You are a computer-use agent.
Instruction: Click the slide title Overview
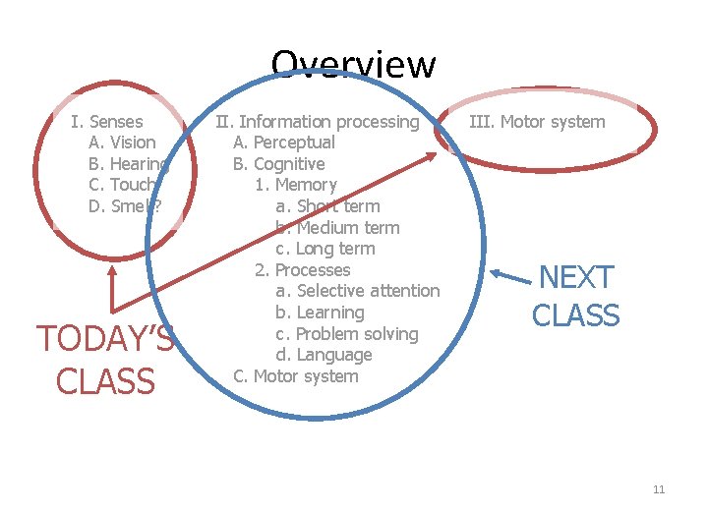[353, 66]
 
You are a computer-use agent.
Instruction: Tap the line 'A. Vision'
[122, 142]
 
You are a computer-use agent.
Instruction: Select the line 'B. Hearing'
[128, 164]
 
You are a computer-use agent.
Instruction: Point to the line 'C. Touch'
[122, 185]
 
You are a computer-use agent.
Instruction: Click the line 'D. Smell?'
[125, 206]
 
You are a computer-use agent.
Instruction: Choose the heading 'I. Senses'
[107, 122]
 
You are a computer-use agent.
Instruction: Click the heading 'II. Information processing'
[317, 122]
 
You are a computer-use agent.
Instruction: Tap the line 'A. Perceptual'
[283, 142]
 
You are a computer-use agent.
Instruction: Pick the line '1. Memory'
[295, 185]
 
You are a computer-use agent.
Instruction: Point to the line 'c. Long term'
[325, 249]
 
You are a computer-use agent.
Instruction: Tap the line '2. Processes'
[302, 270]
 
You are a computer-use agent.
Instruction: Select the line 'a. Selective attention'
[357, 291]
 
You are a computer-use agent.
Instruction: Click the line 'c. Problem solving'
[346, 334]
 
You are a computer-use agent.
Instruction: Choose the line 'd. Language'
[324, 355]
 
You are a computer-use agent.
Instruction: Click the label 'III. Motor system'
[537, 122]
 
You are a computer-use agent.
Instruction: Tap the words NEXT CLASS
[575, 296]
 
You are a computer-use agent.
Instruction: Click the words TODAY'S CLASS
[105, 360]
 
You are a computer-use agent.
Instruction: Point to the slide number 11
[659, 490]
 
